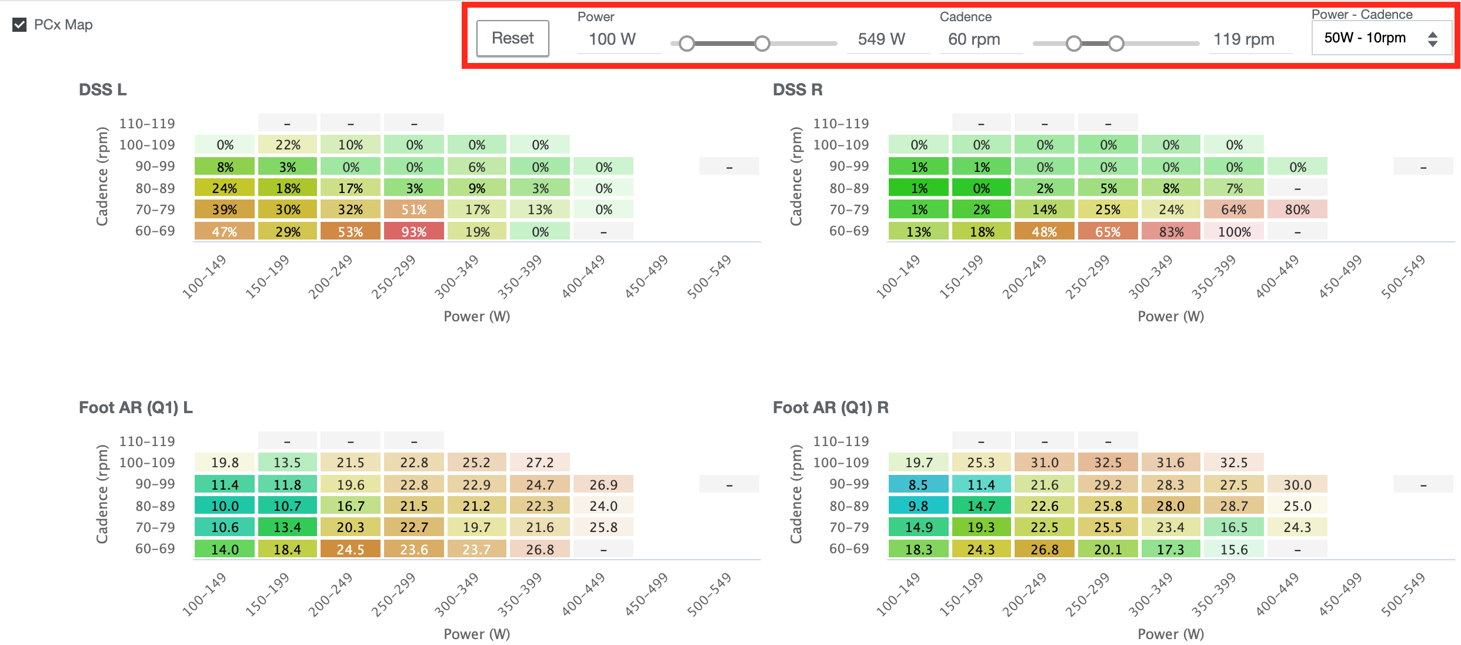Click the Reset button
click(x=512, y=38)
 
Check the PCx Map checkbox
click(x=19, y=25)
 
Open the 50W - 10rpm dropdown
click(x=1380, y=38)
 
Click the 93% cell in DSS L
click(x=413, y=232)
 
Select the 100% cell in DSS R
click(x=1234, y=232)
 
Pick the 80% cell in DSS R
click(x=1297, y=210)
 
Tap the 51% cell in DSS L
click(x=413, y=210)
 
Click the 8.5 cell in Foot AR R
click(x=918, y=485)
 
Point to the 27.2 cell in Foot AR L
click(x=539, y=463)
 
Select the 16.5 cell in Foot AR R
click(x=1234, y=528)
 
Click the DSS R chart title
click(x=798, y=89)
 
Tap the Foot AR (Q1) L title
click(x=136, y=407)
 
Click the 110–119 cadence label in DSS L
click(x=147, y=124)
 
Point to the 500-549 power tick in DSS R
click(x=1403, y=277)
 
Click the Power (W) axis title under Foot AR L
click(x=476, y=634)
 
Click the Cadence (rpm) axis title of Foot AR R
click(x=796, y=494)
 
